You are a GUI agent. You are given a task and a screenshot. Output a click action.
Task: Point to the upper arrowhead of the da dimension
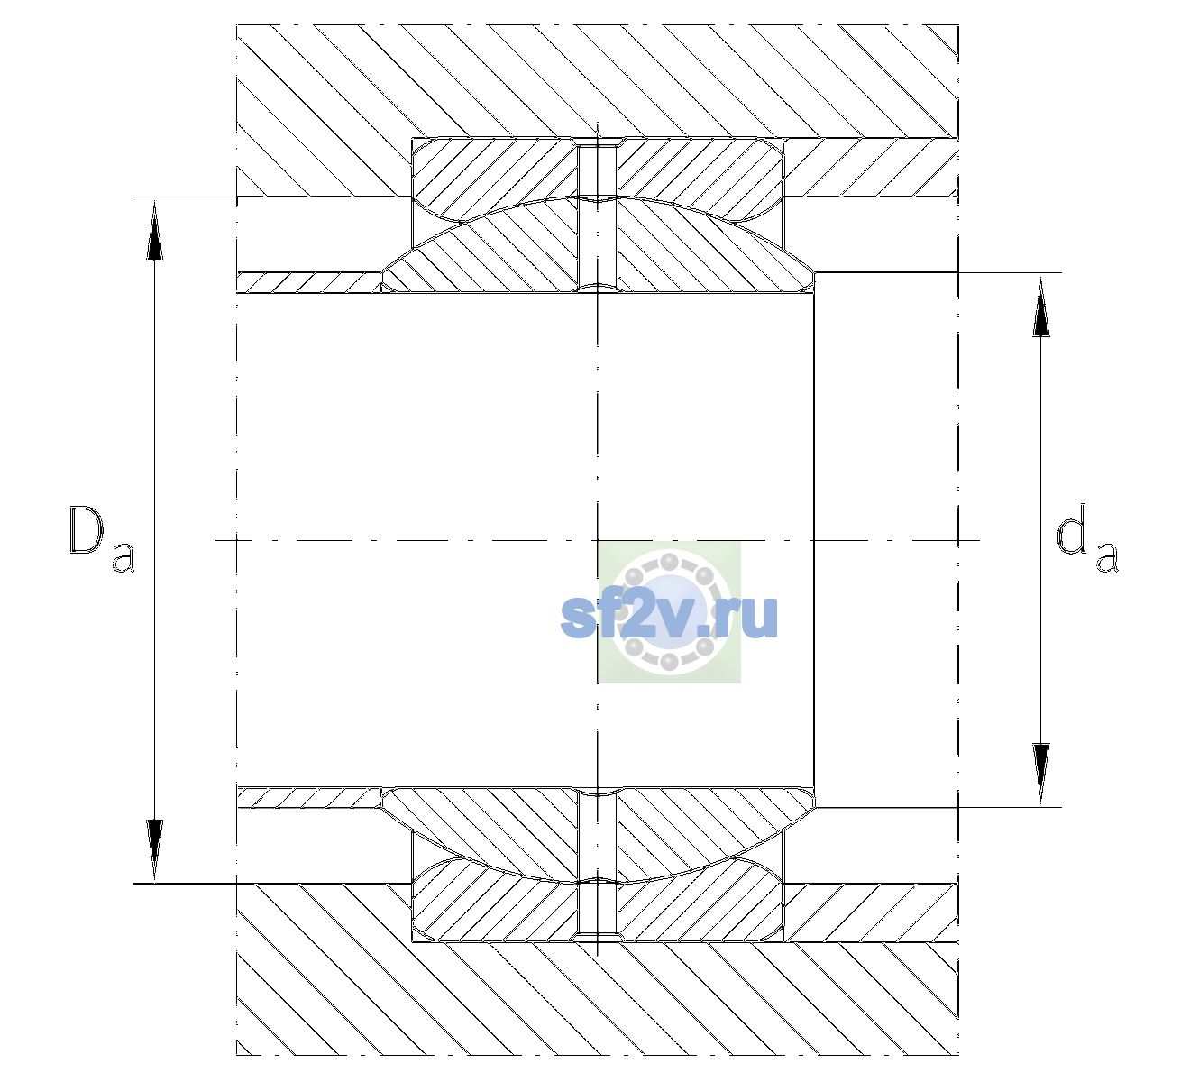point(1041,307)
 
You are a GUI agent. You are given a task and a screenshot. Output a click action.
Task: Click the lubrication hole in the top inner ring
point(598,245)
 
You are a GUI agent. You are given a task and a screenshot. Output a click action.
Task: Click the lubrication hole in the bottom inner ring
point(598,835)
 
